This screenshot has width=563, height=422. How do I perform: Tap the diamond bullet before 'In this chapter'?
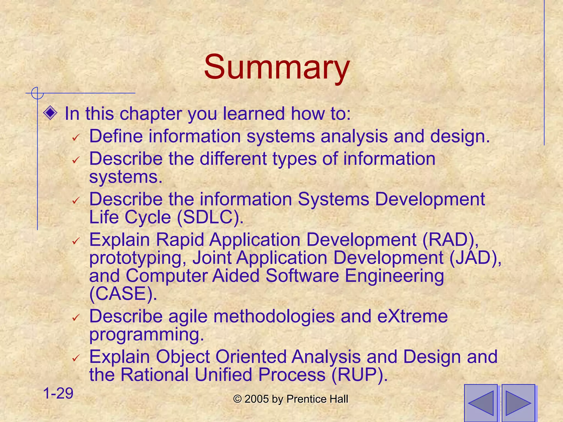pyautogui.click(x=50, y=113)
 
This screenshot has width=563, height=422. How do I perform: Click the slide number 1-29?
pyautogui.click(x=58, y=393)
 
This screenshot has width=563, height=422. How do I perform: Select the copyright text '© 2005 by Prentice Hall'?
pyautogui.click(x=291, y=399)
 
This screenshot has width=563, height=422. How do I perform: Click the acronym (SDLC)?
pyautogui.click(x=210, y=217)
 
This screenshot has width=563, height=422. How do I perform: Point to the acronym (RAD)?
pyautogui.click(x=450, y=240)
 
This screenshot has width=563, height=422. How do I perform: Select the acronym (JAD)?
pyautogui.click(x=475, y=258)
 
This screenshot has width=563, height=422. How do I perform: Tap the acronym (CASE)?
pyautogui.click(x=123, y=293)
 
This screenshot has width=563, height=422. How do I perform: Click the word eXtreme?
pyautogui.click(x=412, y=316)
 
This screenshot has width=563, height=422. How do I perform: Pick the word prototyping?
pyautogui.click(x=137, y=258)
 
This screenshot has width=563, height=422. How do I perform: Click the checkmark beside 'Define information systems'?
pyautogui.click(x=76, y=137)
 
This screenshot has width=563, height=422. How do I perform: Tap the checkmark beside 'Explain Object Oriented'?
pyautogui.click(x=76, y=358)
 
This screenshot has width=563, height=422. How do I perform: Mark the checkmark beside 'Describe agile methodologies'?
pyautogui.click(x=76, y=318)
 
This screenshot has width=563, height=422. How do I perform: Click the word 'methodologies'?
pyautogui.click(x=274, y=316)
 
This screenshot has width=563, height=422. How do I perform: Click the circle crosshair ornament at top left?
pyautogui.click(x=37, y=93)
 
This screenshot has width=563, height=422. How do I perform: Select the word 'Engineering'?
pyautogui.click(x=394, y=276)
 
